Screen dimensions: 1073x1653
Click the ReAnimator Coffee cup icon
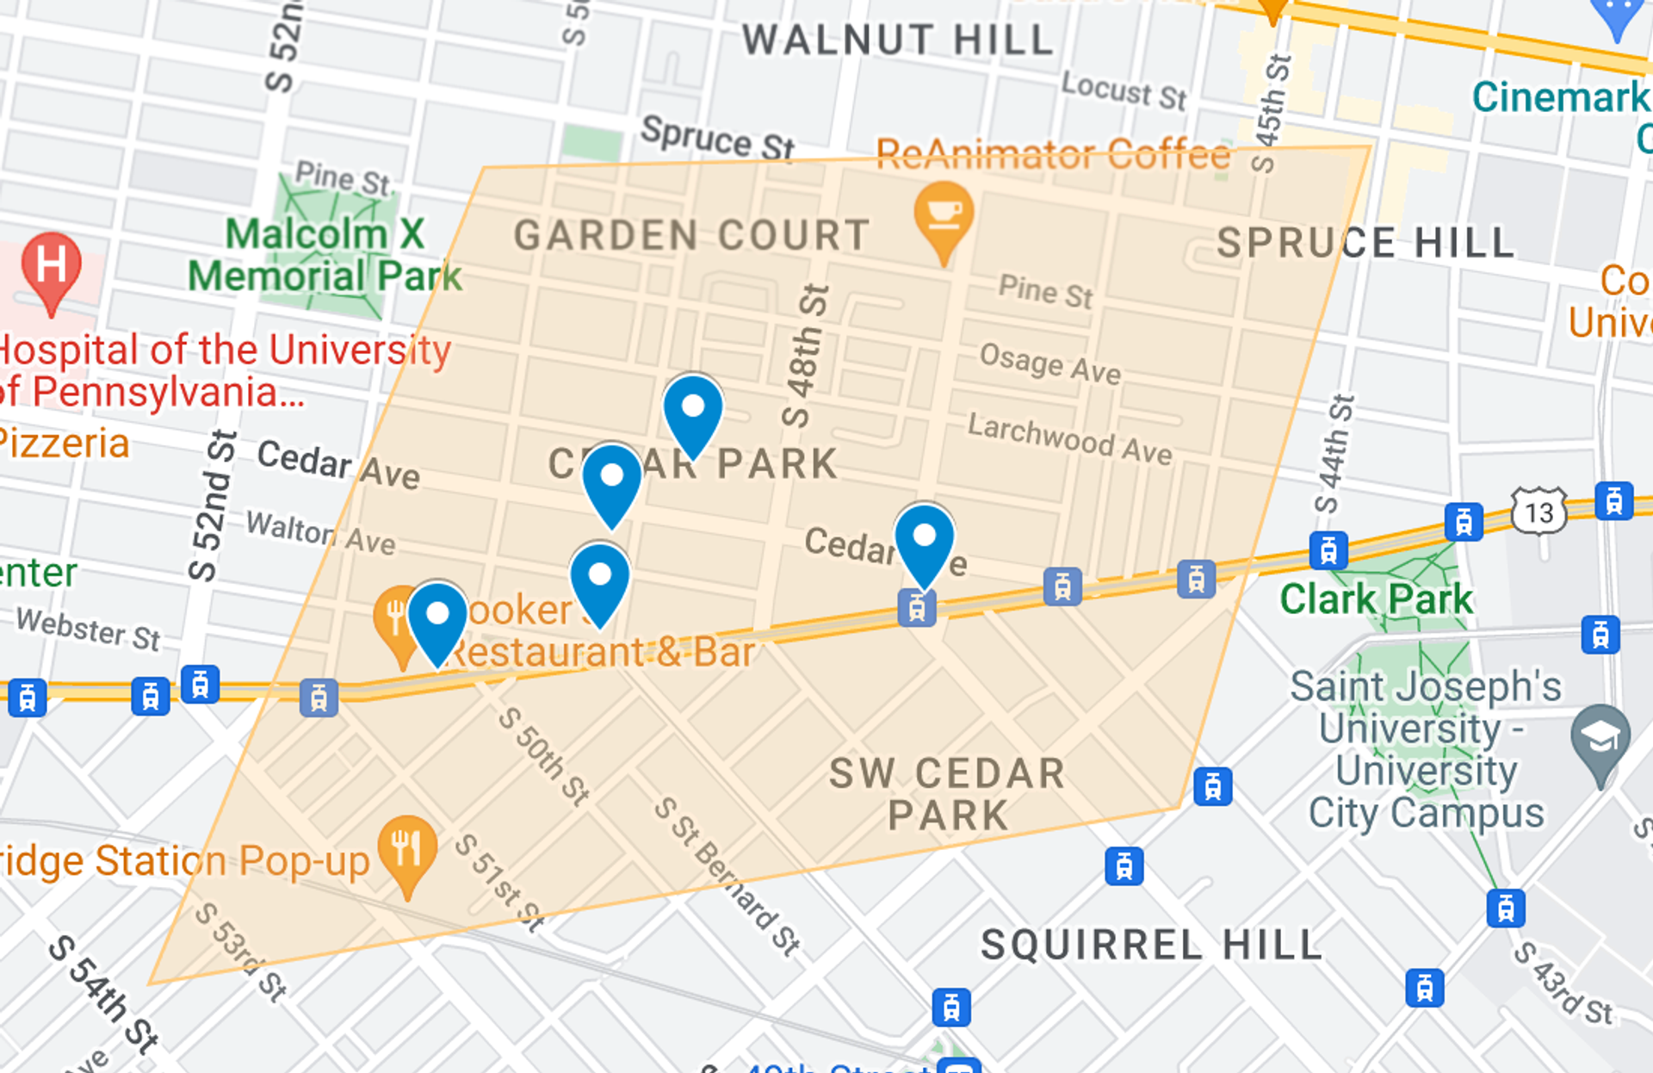[944, 214]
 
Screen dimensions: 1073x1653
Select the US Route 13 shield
[1538, 512]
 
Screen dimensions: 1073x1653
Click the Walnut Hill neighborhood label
[898, 40]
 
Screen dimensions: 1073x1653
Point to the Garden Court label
[690, 236]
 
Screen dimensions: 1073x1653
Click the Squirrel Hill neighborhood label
[1151, 945]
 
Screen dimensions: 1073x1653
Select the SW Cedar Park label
[947, 794]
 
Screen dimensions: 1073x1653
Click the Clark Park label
[1376, 599]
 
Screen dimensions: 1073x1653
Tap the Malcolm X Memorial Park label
[325, 255]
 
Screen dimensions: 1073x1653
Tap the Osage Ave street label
[1049, 363]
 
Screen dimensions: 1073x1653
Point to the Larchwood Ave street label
[1069, 438]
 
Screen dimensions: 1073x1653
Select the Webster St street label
[89, 628]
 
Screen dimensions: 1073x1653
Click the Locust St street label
[1124, 90]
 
